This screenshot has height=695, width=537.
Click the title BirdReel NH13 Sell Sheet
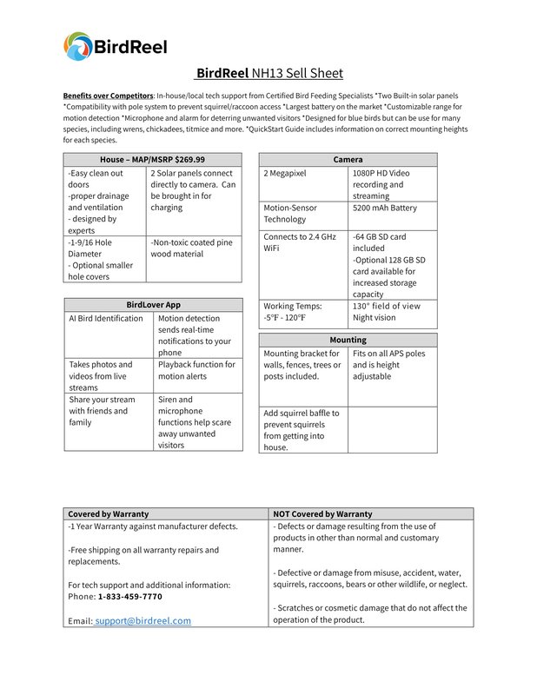268,73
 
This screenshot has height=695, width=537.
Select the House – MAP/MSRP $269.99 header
152,159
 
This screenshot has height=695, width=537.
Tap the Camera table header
348,159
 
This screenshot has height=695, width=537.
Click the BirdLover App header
153,305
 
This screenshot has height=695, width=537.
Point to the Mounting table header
348,339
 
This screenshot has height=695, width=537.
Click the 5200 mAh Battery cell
385,208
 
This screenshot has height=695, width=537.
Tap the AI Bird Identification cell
106,319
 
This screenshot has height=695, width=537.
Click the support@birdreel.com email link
143,621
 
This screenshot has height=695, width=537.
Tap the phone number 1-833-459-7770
129,597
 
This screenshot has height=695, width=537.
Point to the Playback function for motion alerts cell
196,370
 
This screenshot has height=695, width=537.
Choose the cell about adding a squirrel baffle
302,430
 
